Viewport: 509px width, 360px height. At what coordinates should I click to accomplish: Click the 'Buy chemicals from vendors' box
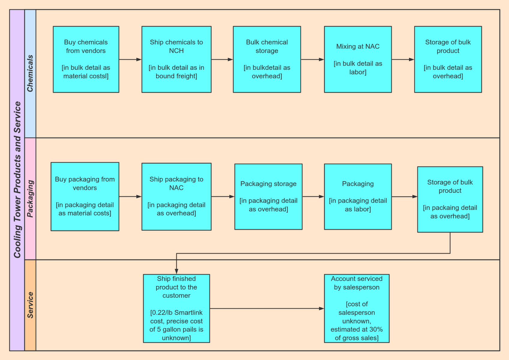(x=86, y=59)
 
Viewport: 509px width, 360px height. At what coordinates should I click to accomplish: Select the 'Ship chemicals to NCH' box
(x=176, y=59)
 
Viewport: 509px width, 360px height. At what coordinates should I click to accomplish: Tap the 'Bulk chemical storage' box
(x=267, y=59)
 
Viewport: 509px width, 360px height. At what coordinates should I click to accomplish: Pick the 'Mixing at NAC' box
(x=357, y=59)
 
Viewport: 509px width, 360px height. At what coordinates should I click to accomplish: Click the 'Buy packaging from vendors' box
(x=85, y=196)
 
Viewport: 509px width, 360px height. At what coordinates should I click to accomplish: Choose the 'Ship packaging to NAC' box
(x=176, y=196)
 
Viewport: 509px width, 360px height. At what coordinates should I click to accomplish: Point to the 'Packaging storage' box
(x=268, y=196)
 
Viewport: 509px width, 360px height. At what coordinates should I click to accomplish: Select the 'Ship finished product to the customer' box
(x=176, y=308)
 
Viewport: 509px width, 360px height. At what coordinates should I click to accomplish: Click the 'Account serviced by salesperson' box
(x=356, y=308)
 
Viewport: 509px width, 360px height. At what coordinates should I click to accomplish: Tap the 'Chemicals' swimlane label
(x=30, y=73)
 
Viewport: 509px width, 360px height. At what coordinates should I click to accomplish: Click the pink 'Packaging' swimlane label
(x=30, y=199)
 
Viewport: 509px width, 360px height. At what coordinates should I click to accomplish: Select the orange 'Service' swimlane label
(x=30, y=305)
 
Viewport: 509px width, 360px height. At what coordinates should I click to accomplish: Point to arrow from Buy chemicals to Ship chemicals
(x=130, y=59)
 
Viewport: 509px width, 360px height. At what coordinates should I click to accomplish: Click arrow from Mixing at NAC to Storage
(x=402, y=59)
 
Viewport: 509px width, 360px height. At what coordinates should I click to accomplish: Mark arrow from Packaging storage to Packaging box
(x=313, y=196)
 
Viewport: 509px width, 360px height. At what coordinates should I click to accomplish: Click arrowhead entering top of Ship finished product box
(x=176, y=271)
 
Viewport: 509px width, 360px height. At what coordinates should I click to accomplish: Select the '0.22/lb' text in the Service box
(x=161, y=313)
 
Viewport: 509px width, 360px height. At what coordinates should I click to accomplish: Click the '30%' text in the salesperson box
(x=376, y=329)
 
